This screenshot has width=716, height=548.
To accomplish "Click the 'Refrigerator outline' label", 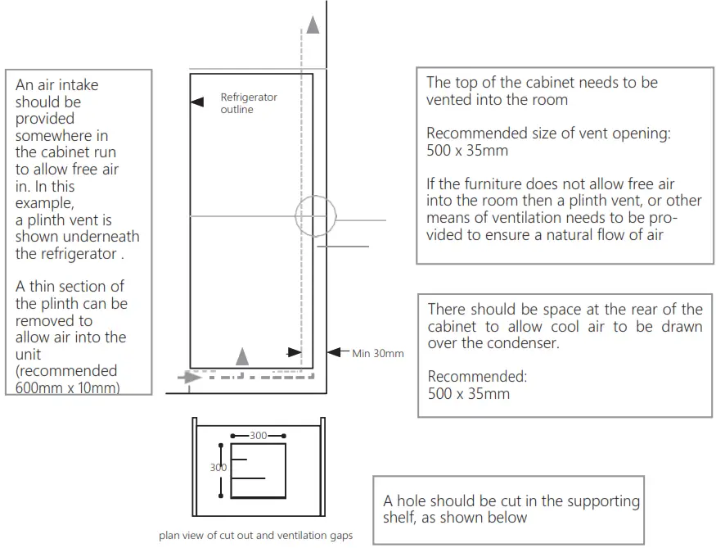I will point(249,103).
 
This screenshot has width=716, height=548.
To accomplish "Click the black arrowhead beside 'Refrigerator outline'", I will point(196,102).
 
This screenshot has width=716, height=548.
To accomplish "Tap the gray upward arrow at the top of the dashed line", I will point(312,25).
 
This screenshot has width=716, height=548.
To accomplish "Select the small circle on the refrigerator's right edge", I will point(316,215).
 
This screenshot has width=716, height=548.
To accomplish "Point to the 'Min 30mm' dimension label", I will point(378,354).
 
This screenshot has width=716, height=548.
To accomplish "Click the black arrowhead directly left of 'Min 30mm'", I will point(333,352).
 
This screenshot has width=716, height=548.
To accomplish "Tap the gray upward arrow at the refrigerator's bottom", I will point(241,356).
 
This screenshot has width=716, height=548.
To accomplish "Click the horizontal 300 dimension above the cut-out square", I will point(258,436).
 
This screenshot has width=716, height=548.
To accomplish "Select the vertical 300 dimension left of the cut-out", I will point(218,467).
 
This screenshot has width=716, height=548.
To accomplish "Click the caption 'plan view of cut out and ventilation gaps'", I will point(256,535).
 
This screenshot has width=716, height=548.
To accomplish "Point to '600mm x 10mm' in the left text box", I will point(67,387).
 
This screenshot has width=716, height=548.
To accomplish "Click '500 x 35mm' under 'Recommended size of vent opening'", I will point(467,151).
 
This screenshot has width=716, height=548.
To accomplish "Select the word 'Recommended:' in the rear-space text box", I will point(477,377).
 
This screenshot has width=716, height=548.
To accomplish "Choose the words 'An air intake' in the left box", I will point(56,85).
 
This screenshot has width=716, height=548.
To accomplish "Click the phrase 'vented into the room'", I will point(497,100).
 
